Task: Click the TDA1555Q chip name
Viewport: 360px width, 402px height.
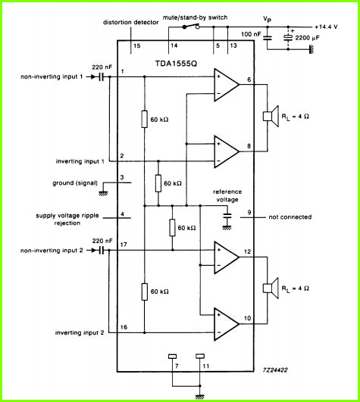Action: coord(176,64)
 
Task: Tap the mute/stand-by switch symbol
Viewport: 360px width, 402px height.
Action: coord(191,26)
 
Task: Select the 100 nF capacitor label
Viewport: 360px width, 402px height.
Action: coord(251,34)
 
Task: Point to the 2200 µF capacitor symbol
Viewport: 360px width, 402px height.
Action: coord(288,38)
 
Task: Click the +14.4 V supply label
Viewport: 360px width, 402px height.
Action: coord(326,26)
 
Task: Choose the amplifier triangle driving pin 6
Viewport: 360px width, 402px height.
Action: coord(227,85)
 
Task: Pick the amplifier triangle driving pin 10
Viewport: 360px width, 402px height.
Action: coord(227,324)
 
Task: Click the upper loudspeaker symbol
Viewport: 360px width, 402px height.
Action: coord(271,116)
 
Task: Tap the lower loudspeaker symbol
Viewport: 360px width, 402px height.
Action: coord(271,288)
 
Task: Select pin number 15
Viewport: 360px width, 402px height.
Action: coord(136,45)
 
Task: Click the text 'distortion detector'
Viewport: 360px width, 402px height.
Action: coord(130,22)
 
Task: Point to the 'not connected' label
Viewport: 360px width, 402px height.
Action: coord(290,217)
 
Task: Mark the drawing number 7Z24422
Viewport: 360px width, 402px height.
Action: coord(275,369)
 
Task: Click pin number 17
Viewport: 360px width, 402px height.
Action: coord(124,245)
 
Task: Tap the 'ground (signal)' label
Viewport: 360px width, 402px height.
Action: coord(75,183)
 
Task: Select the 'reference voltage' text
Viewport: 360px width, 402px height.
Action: coord(227,195)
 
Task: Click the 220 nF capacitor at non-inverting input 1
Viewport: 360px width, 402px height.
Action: coord(102,76)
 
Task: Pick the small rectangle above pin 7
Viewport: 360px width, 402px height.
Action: coord(173,356)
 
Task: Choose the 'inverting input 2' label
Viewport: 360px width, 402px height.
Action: coord(80,332)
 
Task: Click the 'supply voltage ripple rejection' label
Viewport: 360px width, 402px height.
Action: coord(67,220)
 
